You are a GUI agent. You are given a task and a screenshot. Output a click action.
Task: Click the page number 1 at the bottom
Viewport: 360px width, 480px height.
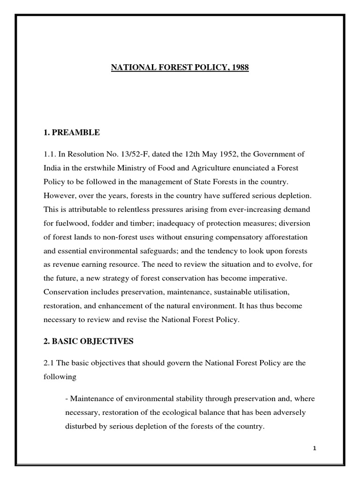point(315,448)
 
